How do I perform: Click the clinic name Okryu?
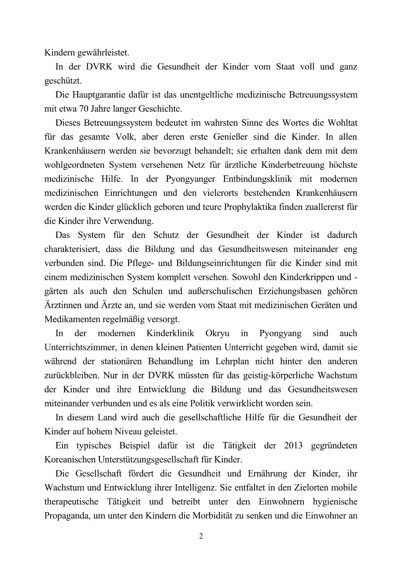[x=217, y=333]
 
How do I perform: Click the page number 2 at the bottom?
[x=201, y=536]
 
